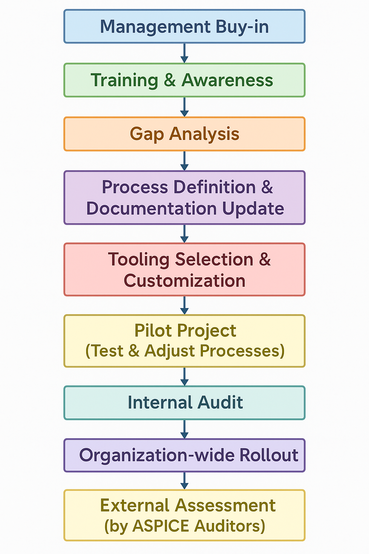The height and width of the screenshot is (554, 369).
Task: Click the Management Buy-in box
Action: tap(184, 26)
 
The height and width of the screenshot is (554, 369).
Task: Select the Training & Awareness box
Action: tap(184, 80)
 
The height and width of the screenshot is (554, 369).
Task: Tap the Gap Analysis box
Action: tap(184, 134)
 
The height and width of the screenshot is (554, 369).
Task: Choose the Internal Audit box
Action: tap(184, 403)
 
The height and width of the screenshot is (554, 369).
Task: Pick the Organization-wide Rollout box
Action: tap(184, 455)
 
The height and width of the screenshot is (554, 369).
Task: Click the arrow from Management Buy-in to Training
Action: tap(184, 53)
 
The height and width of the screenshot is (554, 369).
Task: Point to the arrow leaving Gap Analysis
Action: tap(184, 161)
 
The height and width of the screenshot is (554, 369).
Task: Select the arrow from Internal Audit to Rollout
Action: tap(184, 429)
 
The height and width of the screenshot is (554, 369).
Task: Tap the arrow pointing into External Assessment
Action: tap(184, 481)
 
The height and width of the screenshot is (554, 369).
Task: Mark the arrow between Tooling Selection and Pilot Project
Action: tap(184, 305)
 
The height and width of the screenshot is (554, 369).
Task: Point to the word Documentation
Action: tap(151, 208)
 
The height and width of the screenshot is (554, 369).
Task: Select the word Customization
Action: tap(184, 281)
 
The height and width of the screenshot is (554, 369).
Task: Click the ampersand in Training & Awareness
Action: tap(170, 80)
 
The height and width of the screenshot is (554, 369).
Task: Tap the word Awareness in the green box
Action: tap(227, 80)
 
